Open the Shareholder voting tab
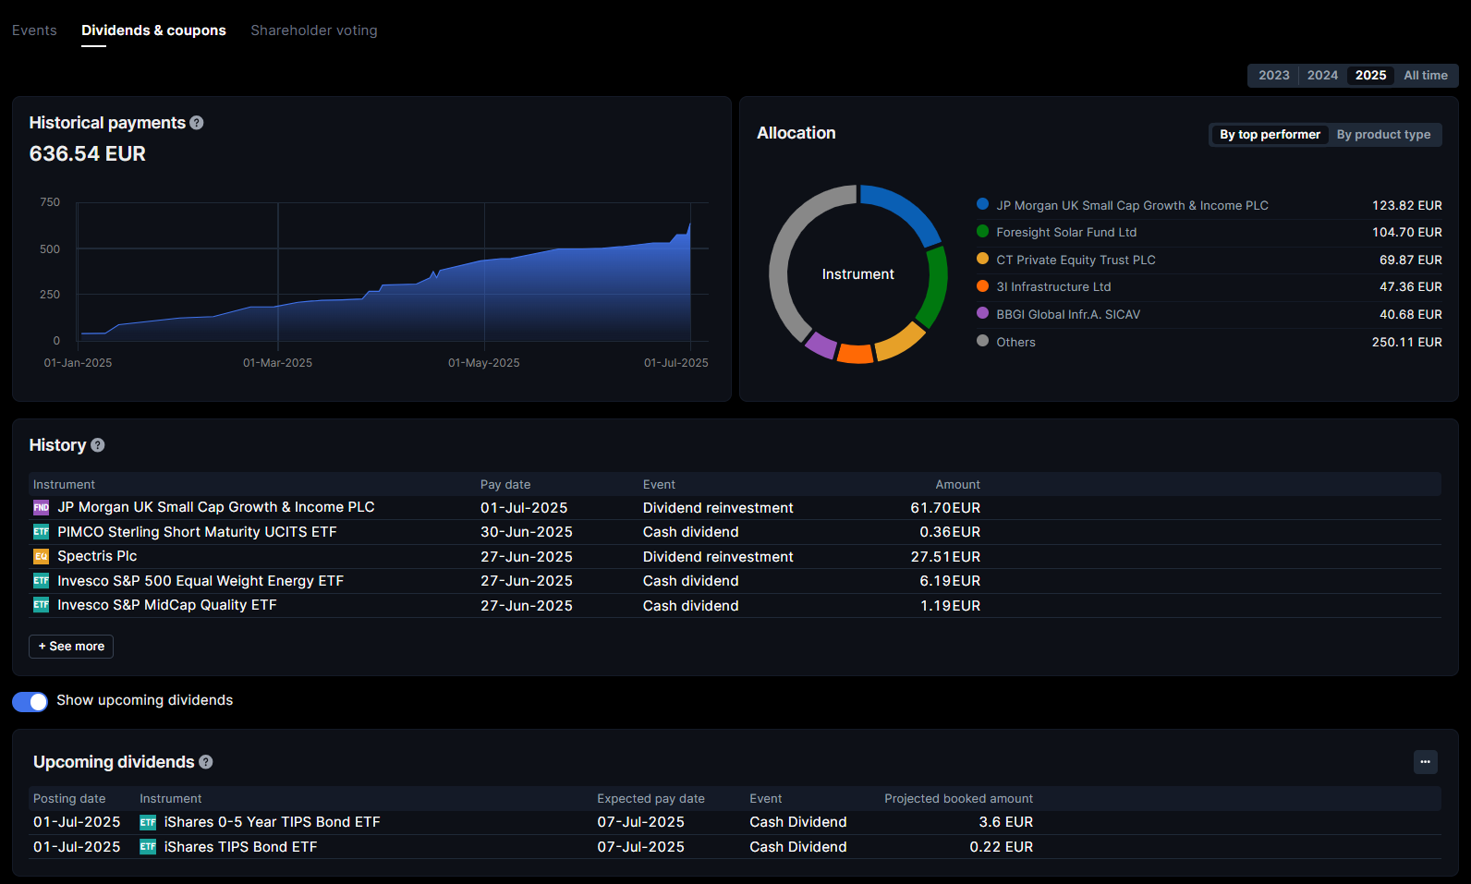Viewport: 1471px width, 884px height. (313, 30)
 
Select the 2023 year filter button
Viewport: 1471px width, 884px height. (1273, 76)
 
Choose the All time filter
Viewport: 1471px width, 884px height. (1425, 76)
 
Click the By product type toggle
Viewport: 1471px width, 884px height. (1382, 135)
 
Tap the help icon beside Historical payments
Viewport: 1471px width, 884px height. (197, 123)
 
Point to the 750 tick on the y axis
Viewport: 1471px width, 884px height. (50, 202)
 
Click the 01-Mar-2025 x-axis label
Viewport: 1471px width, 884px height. (277, 363)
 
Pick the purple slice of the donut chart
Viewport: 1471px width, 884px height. (820, 345)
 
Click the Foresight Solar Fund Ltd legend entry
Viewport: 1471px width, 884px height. (1065, 233)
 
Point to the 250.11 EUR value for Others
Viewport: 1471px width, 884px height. (1406, 343)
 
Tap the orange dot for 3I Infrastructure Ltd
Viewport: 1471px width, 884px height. (982, 286)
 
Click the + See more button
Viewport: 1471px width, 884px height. (71, 647)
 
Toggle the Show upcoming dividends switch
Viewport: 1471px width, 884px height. (30, 702)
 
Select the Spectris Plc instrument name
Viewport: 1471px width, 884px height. (97, 556)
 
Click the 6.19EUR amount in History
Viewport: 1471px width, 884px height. (949, 581)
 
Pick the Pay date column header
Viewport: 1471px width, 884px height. (505, 485)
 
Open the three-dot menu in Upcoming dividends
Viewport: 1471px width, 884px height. (1425, 762)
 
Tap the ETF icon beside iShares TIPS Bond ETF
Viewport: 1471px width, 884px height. (148, 847)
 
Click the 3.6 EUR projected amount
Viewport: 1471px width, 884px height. (1005, 822)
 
